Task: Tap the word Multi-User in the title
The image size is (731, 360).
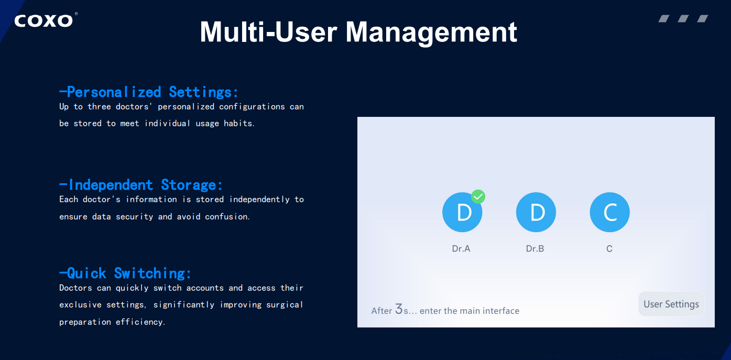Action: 269,31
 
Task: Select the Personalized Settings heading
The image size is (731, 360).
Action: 149,92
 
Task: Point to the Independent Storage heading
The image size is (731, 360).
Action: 140,185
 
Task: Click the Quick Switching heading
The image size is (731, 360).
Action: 125,273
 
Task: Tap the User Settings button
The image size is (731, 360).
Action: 671,304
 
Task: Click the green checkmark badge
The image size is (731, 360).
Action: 478,197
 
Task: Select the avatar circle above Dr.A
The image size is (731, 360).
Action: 462,212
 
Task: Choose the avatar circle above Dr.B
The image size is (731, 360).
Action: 536,212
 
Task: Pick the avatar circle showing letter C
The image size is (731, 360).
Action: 609,212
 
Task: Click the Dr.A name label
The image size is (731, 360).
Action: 461,249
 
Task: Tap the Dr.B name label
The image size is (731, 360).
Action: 535,249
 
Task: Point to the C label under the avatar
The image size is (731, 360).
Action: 609,249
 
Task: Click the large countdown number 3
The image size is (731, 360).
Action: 399,309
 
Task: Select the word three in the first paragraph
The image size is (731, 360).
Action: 99,107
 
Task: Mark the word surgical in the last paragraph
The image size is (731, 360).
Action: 285,304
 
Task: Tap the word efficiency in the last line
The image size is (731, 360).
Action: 140,322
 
